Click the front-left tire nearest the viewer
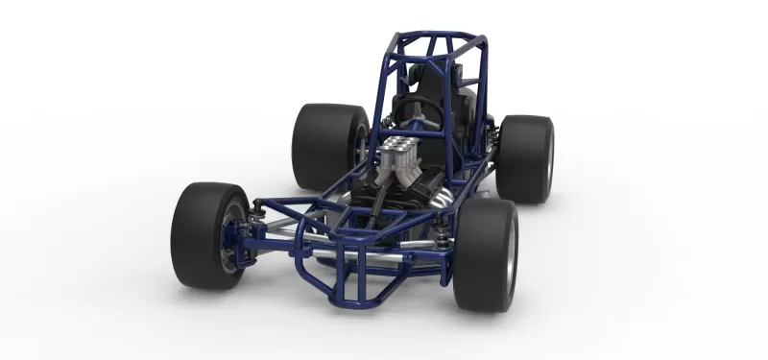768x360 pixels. [204, 235]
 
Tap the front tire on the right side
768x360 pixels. [484, 254]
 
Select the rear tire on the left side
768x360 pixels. [324, 146]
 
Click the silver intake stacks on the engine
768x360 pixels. [396, 158]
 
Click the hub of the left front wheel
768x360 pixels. [230, 240]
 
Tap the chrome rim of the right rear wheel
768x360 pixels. [550, 161]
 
